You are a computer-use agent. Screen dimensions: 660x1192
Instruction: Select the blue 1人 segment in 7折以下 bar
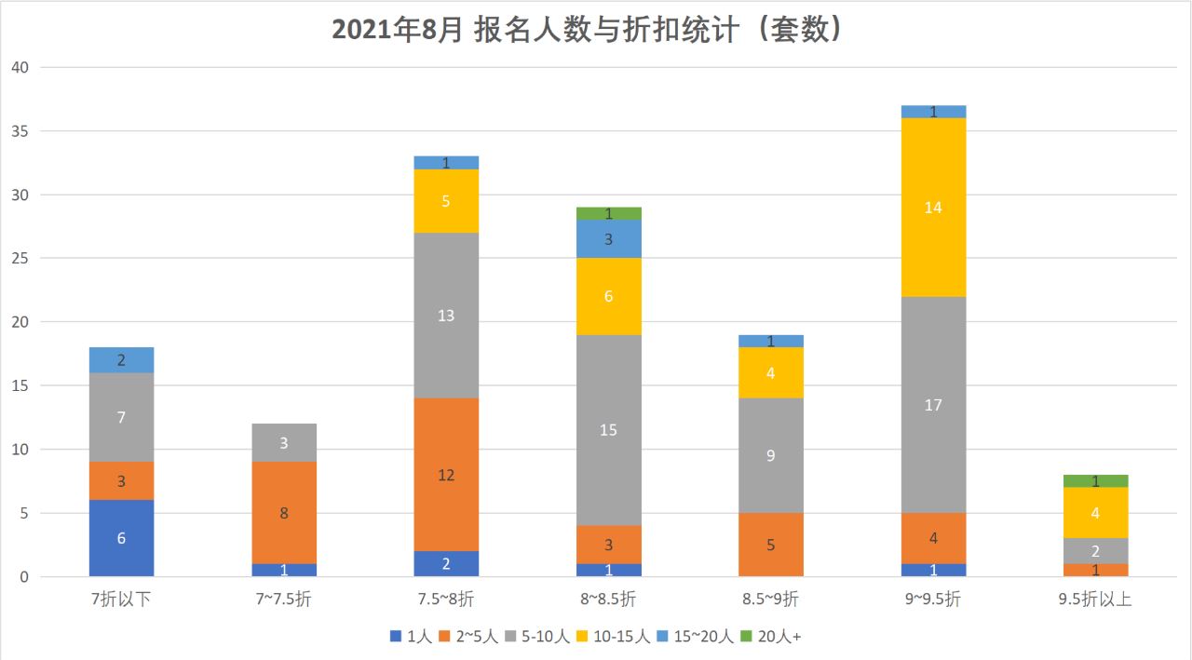pyautogui.click(x=122, y=538)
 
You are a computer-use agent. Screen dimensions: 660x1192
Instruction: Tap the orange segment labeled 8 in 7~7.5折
pyautogui.click(x=284, y=513)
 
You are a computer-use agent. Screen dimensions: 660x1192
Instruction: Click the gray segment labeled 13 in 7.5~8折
pyautogui.click(x=446, y=315)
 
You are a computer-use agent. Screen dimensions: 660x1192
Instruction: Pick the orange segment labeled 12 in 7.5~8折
pyautogui.click(x=446, y=475)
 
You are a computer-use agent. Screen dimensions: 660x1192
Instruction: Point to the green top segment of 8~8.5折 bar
pyautogui.click(x=609, y=213)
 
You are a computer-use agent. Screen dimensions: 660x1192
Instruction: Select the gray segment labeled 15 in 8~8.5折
pyautogui.click(x=609, y=430)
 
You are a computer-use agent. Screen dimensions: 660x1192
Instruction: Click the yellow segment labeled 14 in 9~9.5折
pyautogui.click(x=933, y=208)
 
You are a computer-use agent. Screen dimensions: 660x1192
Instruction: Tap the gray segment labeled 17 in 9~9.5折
pyautogui.click(x=933, y=405)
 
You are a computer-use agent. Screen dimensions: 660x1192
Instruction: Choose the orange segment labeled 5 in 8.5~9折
pyautogui.click(x=771, y=545)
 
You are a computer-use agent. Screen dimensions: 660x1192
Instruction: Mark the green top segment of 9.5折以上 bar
pyautogui.click(x=1095, y=480)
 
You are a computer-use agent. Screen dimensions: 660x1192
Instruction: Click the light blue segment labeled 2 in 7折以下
pyautogui.click(x=122, y=360)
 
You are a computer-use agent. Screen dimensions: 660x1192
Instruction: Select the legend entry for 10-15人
pyautogui.click(x=610, y=637)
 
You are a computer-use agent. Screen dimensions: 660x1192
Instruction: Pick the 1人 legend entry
pyautogui.click(x=411, y=637)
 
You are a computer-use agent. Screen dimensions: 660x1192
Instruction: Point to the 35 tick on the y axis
pyautogui.click(x=20, y=131)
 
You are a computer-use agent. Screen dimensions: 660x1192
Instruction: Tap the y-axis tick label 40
pyautogui.click(x=20, y=68)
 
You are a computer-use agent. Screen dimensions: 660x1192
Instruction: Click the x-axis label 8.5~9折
pyautogui.click(x=771, y=599)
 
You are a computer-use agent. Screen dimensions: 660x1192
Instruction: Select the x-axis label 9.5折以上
pyautogui.click(x=1095, y=599)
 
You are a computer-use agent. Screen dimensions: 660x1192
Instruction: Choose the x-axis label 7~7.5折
pyautogui.click(x=284, y=599)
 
